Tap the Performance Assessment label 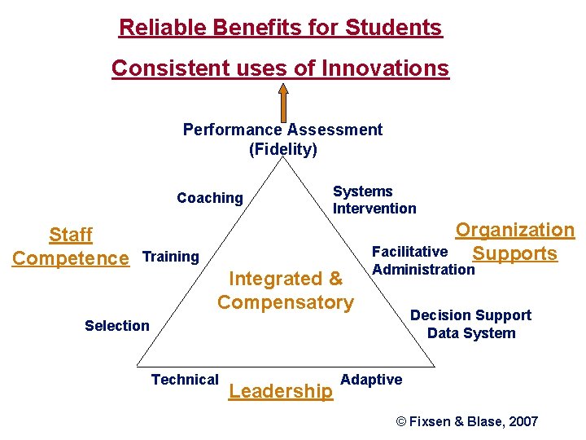(x=282, y=130)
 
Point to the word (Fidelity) (x=282, y=149)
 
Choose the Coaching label (x=210, y=198)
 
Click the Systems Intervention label (x=374, y=200)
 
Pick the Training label (x=170, y=257)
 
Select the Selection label (x=117, y=326)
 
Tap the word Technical (x=185, y=379)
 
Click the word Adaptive (x=371, y=380)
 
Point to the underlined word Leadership (x=281, y=392)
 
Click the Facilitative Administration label (x=422, y=261)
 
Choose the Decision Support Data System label (x=470, y=324)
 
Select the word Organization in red (x=514, y=231)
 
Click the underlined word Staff (x=71, y=235)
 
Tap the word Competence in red (x=71, y=259)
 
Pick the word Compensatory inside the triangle (x=285, y=302)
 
